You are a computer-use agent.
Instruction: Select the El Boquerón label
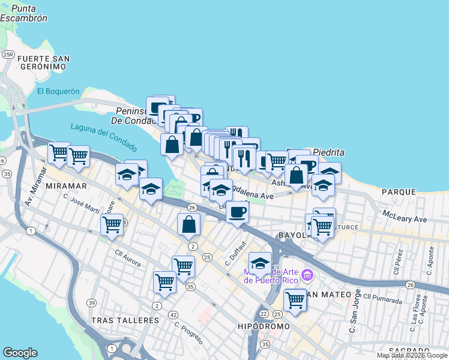pos(58,91)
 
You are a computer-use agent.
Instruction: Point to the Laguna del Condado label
pos(103,137)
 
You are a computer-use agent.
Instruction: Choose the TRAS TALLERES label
pos(125,320)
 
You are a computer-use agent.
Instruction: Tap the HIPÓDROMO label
pos(264,326)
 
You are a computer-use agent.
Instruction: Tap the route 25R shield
pos(8,55)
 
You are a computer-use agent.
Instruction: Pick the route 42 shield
pos(173,314)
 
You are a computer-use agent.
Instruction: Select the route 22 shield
pos(264,314)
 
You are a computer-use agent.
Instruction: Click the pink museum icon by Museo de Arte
pos(308,276)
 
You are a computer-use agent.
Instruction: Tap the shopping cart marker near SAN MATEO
pos(295,299)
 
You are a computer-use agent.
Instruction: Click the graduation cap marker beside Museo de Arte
pos(260,263)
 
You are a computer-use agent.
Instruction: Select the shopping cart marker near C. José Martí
pos(112,225)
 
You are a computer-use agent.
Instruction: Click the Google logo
pos(20,353)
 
